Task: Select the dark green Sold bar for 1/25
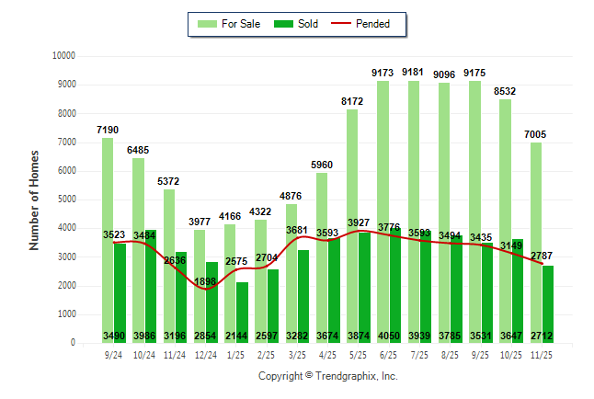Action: click(242, 313)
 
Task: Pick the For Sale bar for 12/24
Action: click(200, 276)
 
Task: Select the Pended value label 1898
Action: click(207, 280)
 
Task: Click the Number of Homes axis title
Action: click(34, 199)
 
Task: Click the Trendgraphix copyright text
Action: click(328, 376)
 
